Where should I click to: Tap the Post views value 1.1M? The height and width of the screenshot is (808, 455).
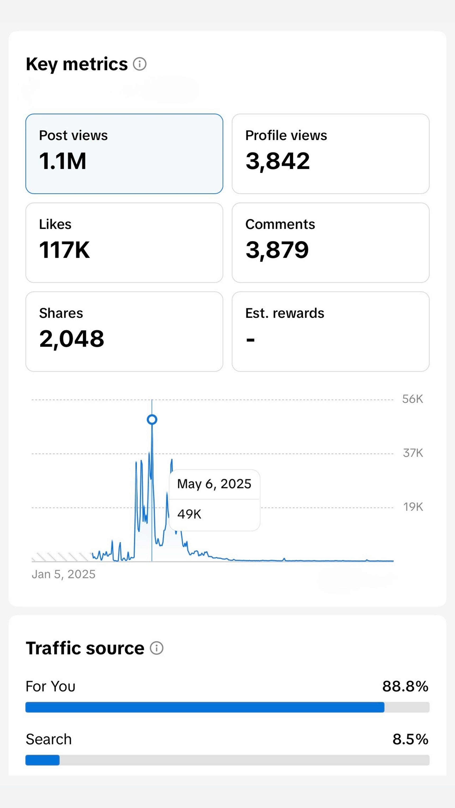pos(63,161)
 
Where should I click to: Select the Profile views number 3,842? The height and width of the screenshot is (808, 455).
pos(278,161)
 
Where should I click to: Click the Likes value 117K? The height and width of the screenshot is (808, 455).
pos(64,250)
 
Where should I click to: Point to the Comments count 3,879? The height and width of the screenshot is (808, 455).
pos(277,250)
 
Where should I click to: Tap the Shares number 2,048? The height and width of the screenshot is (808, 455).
pos(72,339)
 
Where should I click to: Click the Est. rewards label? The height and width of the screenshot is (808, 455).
pos(284,313)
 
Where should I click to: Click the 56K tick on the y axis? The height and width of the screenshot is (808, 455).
pos(412,399)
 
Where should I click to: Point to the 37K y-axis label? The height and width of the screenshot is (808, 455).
pos(413,453)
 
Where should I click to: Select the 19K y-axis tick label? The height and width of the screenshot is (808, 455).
pos(413,507)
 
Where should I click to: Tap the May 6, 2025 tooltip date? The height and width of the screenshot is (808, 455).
pos(214,484)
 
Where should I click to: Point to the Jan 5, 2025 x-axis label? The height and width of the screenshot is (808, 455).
pos(64,574)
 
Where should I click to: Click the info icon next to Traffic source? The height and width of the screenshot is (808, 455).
pos(156,648)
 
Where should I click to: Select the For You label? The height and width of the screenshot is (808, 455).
pos(50,686)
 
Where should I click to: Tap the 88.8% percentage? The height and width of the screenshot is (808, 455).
pos(405,686)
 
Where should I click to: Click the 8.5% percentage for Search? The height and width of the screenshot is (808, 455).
pos(410,739)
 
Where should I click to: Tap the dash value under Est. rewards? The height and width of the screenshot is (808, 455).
pos(250,340)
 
